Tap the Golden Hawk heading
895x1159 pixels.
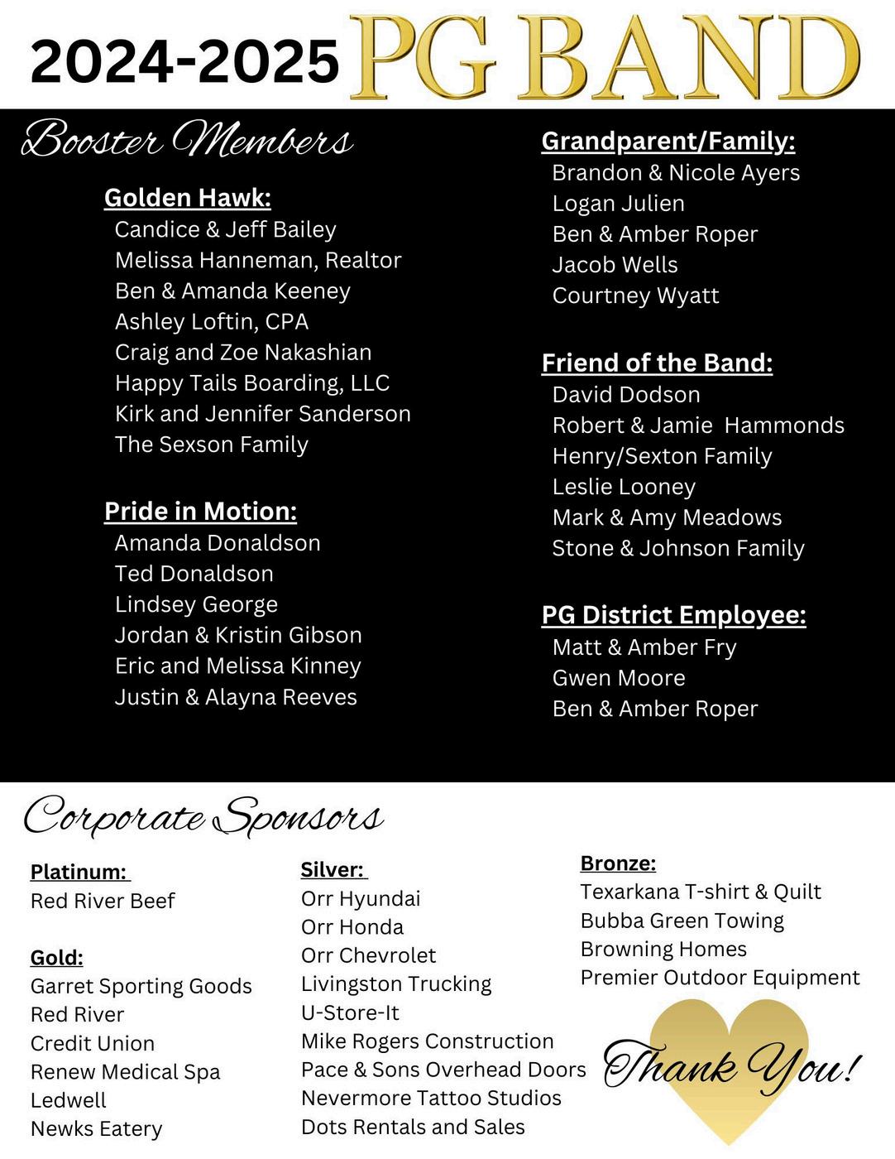(188, 198)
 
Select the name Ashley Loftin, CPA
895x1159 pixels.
(212, 321)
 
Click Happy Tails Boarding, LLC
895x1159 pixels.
(252, 383)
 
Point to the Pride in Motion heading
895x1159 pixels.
(200, 512)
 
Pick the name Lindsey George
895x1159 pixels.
(196, 604)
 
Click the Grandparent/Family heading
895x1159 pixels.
(668, 142)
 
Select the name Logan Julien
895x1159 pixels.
(618, 204)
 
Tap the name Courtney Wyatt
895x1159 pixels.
(635, 296)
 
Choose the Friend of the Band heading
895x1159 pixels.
(658, 363)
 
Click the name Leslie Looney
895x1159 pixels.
(624, 487)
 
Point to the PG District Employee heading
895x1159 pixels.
(673, 615)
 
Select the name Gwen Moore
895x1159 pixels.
(619, 678)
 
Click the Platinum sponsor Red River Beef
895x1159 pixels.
(103, 901)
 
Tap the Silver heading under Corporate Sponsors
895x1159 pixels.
(333, 870)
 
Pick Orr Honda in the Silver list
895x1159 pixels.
(352, 927)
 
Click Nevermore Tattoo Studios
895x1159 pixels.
(431, 1099)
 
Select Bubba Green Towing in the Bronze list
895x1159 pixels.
(682, 921)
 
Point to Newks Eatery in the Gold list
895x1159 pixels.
(96, 1129)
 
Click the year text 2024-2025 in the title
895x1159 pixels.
(184, 61)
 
